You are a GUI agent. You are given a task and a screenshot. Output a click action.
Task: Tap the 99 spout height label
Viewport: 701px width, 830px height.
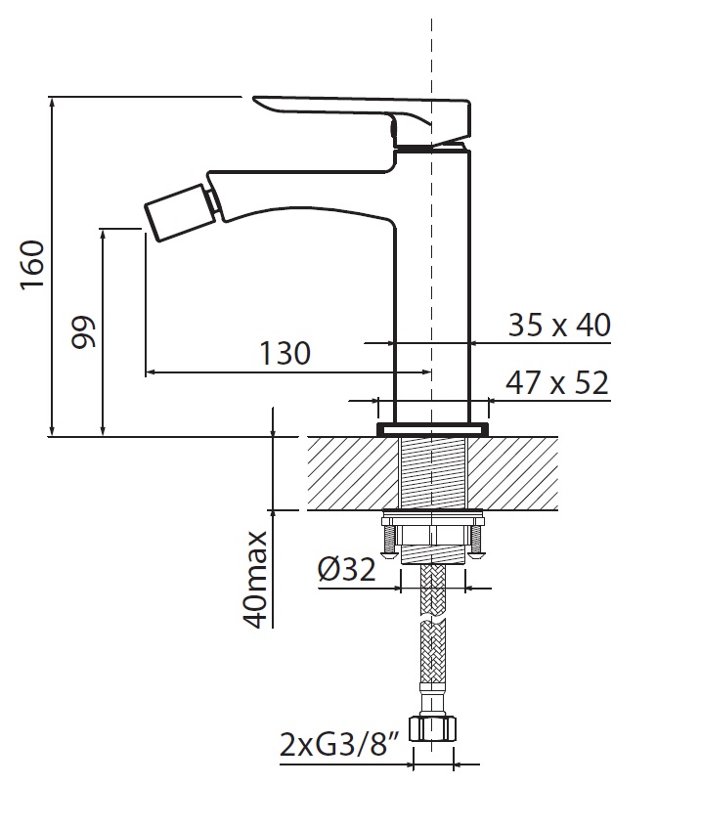point(83,331)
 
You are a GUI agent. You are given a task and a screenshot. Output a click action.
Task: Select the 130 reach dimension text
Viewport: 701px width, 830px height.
point(285,353)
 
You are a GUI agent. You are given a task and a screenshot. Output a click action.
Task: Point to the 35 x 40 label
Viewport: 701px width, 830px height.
point(559,325)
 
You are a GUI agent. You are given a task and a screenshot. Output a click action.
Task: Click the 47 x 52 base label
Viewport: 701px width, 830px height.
point(557,382)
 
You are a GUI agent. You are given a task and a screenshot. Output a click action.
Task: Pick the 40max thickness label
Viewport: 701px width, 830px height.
point(257,580)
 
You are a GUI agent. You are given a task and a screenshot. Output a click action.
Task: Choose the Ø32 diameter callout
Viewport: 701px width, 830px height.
point(347,569)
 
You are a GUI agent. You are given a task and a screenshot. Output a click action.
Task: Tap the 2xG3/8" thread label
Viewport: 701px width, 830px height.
point(339,744)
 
